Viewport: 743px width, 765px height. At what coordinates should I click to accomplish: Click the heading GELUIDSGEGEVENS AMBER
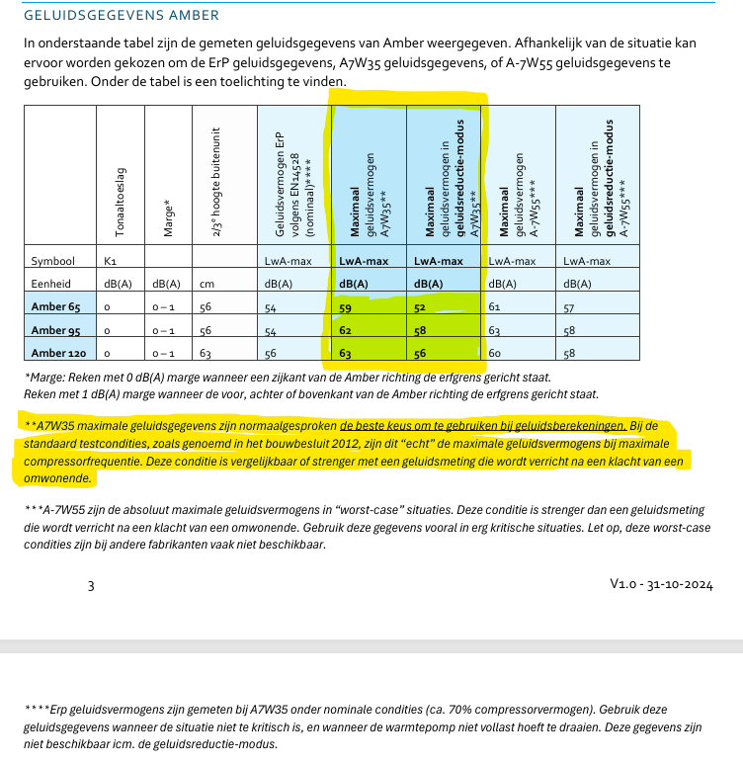coord(122,16)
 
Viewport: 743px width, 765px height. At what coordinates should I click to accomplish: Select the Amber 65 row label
coord(57,306)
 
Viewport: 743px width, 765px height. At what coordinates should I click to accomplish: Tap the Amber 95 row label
coord(57,329)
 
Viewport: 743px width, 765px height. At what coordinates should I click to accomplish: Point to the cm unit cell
coord(206,284)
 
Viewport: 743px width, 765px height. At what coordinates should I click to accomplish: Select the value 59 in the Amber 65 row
coord(347,307)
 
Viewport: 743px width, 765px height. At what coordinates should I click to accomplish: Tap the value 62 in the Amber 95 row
coord(347,330)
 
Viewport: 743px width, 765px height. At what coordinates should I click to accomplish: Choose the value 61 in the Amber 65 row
coord(495,306)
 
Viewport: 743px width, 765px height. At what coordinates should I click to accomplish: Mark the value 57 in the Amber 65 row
coord(569,306)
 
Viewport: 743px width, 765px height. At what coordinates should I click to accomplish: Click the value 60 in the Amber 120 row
coord(496,352)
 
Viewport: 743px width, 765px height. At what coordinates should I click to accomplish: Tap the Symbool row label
coord(52,261)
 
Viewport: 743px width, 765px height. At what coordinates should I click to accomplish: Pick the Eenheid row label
coord(51,284)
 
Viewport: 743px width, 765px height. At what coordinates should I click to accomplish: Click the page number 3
coord(91,585)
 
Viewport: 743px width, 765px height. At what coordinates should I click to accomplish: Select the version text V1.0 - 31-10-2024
coord(660,584)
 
